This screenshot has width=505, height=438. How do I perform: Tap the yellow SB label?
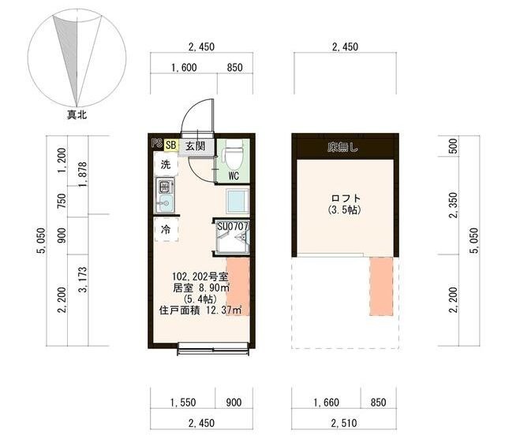(x=170, y=145)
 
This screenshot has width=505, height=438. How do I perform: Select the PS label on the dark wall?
(x=156, y=145)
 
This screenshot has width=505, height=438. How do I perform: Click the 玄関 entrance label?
(x=195, y=146)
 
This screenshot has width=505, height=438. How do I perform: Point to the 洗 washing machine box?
(x=166, y=165)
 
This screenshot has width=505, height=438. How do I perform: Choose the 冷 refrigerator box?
(x=166, y=230)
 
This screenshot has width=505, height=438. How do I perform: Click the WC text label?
(x=234, y=176)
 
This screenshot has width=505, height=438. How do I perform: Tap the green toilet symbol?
(x=234, y=152)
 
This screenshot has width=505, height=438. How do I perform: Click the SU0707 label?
(x=234, y=227)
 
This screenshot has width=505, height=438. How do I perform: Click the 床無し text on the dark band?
(x=344, y=147)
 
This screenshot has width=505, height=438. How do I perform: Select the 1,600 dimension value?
(x=183, y=68)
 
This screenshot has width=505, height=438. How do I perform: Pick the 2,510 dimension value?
(x=345, y=424)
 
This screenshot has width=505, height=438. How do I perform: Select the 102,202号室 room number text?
(x=200, y=277)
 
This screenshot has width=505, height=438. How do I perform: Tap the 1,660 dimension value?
(x=325, y=403)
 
